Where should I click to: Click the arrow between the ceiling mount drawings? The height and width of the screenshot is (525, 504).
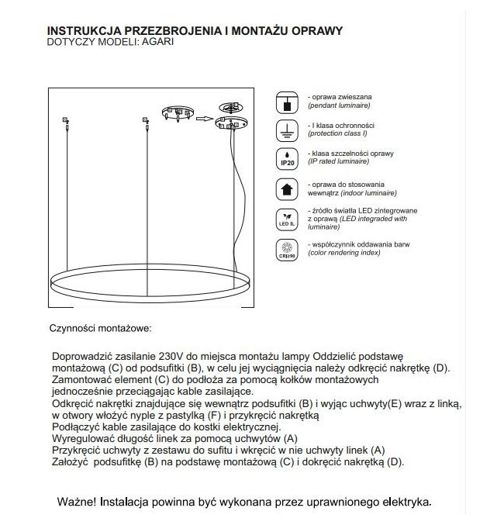point(204,119)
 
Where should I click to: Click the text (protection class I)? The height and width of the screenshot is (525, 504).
point(340,133)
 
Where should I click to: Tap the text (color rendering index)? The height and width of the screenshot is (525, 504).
point(343,254)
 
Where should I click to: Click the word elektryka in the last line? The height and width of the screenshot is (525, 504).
point(402,502)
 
